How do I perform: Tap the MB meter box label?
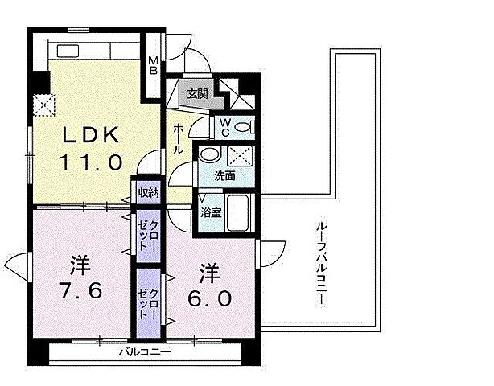153,63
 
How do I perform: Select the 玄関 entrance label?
198,92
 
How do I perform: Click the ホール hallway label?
179,138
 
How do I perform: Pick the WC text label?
226,126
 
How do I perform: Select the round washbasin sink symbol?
209,156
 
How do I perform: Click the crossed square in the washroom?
240,156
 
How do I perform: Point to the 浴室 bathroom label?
210,213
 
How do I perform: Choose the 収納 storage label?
148,194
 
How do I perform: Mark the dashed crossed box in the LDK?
43,105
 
